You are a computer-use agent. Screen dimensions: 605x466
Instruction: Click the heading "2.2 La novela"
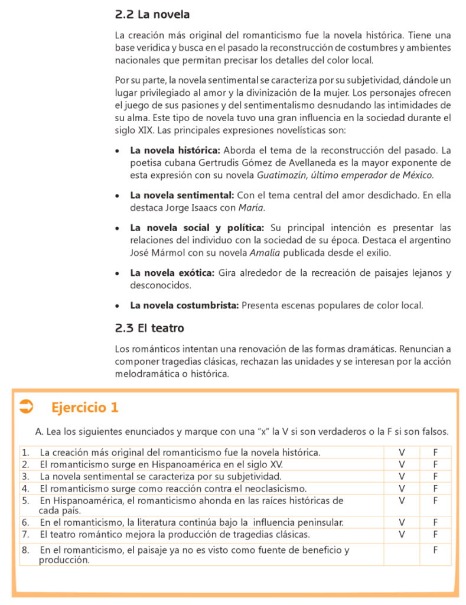coord(152,14)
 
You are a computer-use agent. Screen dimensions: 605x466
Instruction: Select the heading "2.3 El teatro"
coord(149,328)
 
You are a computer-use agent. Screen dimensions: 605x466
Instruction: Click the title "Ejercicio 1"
coord(85,407)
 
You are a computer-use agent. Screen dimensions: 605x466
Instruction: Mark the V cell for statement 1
coord(402,453)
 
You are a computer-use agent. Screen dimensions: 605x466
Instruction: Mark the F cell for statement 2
coord(435,464)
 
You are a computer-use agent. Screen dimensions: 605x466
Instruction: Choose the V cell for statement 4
coord(402,489)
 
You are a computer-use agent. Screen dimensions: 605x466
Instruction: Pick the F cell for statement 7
coord(435,534)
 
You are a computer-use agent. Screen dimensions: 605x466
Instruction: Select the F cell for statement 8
coord(435,551)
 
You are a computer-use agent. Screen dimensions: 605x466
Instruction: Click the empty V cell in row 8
coord(402,554)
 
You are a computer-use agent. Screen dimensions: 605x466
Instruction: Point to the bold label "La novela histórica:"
coord(175,149)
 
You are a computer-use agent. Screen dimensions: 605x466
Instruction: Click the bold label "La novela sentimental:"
coord(182,195)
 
